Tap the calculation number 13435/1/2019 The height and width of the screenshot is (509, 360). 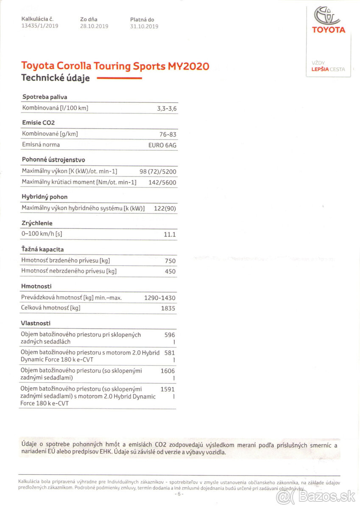(x=40, y=26)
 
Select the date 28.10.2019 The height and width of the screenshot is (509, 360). (x=94, y=26)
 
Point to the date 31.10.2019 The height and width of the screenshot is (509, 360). (x=144, y=26)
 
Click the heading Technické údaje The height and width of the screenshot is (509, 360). (x=56, y=78)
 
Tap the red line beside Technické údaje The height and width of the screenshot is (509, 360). (x=119, y=78)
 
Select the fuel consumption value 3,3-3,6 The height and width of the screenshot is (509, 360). (x=167, y=109)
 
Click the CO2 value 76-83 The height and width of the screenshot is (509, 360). (x=168, y=134)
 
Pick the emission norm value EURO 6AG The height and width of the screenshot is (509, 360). (x=162, y=145)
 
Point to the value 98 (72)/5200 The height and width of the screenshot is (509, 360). (x=158, y=172)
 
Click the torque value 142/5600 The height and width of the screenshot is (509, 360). (x=161, y=183)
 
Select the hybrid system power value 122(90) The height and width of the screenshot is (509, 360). (x=165, y=208)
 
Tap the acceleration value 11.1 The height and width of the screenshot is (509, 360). (x=170, y=235)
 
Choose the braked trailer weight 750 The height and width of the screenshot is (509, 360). (x=170, y=261)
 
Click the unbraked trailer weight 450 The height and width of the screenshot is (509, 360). (x=170, y=271)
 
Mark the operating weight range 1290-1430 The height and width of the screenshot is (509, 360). (x=160, y=298)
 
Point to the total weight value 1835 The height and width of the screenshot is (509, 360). (x=168, y=308)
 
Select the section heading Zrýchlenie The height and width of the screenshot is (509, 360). (x=37, y=223)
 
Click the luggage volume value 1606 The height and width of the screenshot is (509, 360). (x=167, y=371)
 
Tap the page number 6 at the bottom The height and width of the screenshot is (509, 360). (x=179, y=494)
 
